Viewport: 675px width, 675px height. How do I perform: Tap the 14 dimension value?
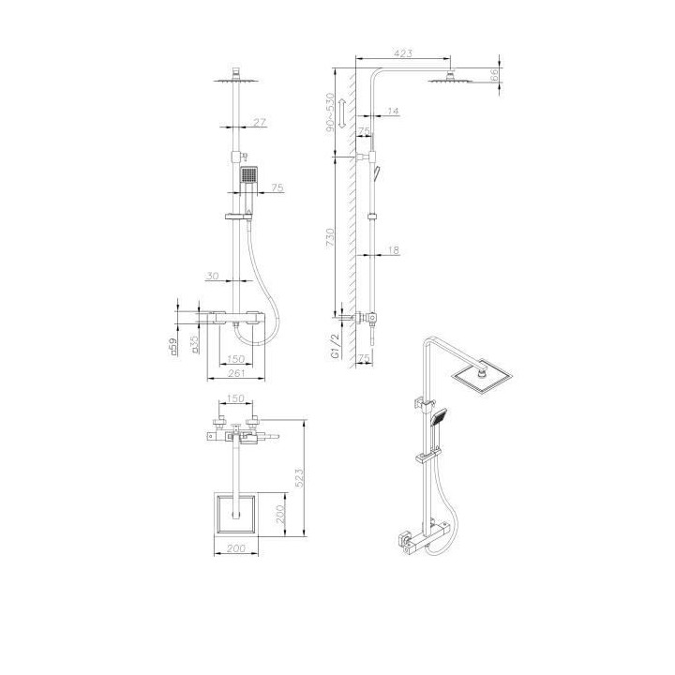(x=391, y=112)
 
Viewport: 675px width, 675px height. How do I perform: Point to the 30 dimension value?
(x=214, y=276)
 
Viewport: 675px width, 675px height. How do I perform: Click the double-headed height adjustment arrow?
(x=344, y=113)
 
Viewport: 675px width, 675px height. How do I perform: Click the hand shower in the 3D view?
(x=439, y=417)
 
